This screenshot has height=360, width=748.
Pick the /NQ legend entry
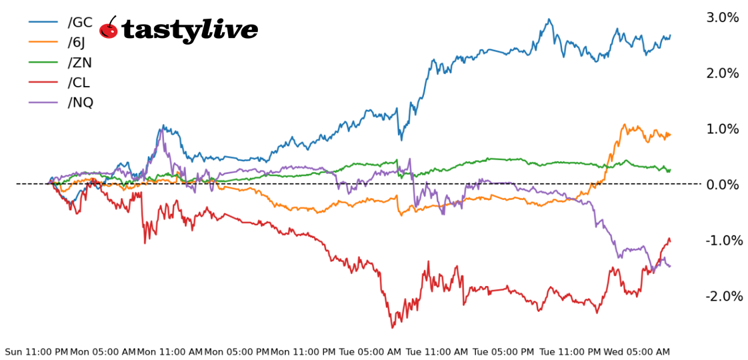click(81, 103)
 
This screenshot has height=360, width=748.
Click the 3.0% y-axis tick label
click(723, 17)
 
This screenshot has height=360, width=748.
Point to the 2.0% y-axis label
click(723, 73)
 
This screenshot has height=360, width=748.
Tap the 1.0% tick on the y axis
click(723, 129)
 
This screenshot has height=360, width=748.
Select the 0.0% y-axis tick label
click(723, 184)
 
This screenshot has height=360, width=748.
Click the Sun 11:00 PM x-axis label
click(36, 352)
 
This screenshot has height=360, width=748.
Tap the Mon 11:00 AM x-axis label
click(169, 352)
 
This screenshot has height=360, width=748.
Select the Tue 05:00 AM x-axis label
click(369, 352)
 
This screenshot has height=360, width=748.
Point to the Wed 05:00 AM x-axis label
click(636, 352)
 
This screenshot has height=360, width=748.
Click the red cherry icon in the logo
click(109, 29)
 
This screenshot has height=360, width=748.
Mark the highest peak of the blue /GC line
click(549, 19)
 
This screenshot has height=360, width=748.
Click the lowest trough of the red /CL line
click(392, 327)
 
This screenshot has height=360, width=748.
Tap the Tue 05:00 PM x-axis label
click(503, 352)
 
